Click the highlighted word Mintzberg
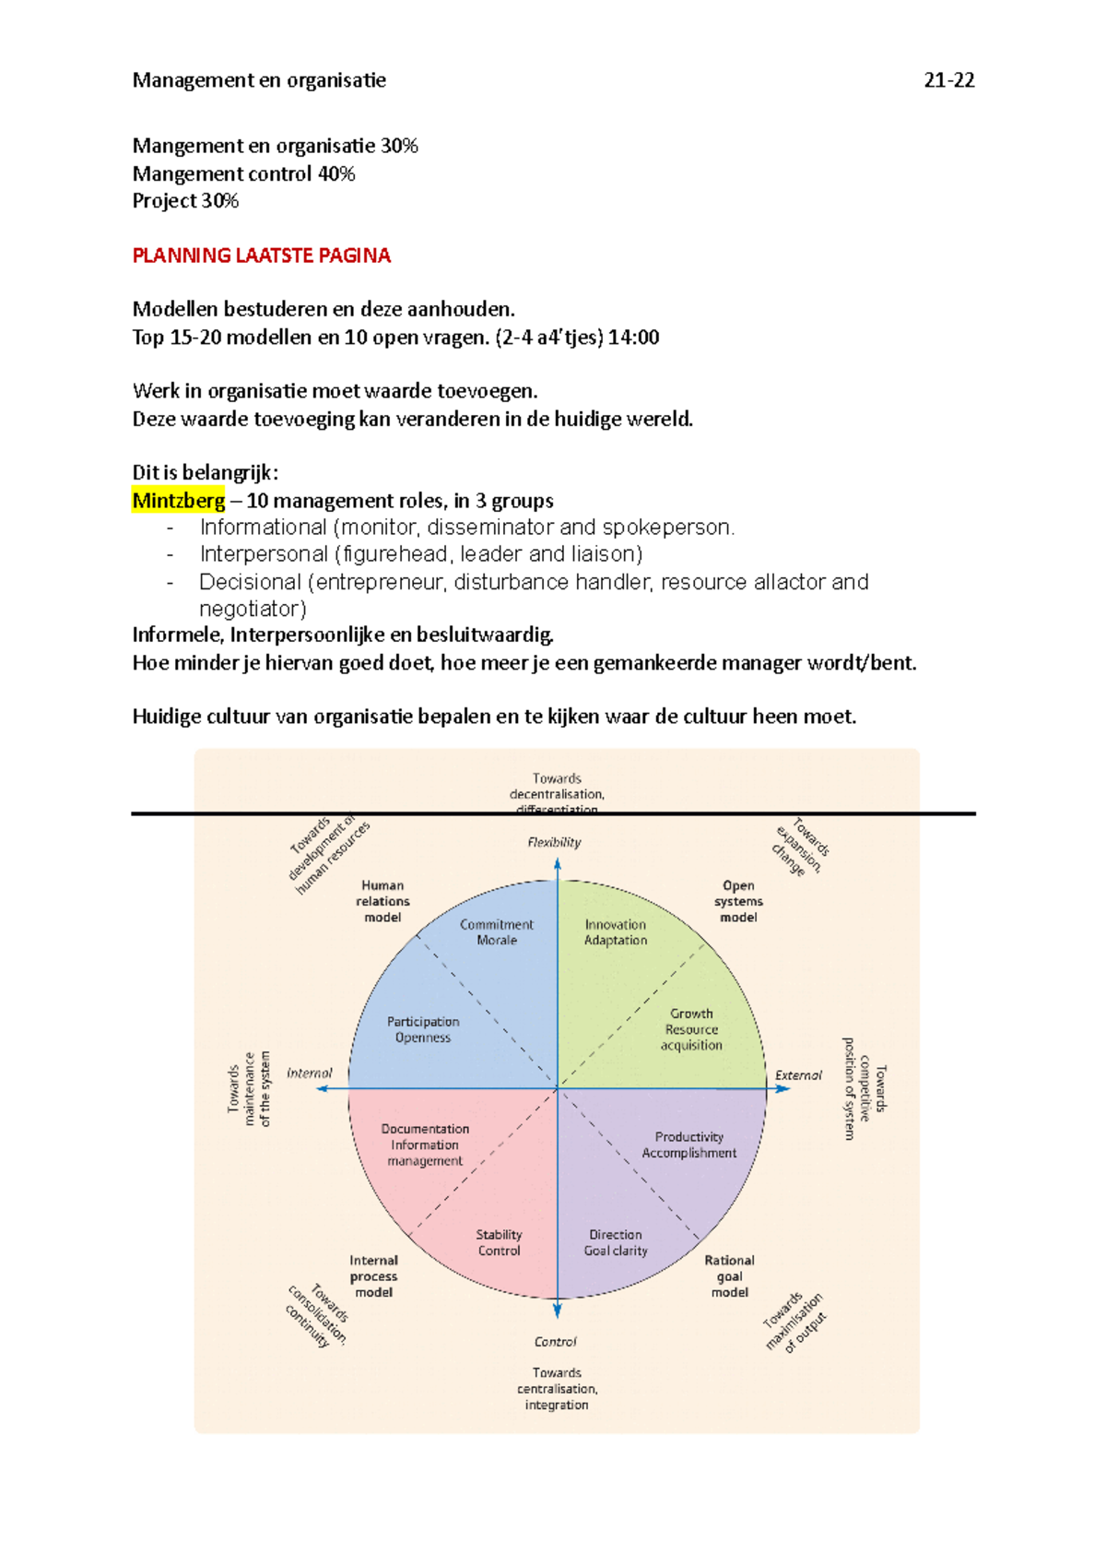pyautogui.click(x=179, y=500)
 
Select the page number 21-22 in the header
pyautogui.click(x=948, y=80)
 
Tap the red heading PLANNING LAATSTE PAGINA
pyautogui.click(x=262, y=255)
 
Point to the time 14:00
pyautogui.click(x=633, y=337)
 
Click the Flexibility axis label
pyautogui.click(x=554, y=842)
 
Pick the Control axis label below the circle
pyautogui.click(x=555, y=1342)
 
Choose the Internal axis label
pyautogui.click(x=309, y=1073)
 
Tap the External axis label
pyautogui.click(x=798, y=1074)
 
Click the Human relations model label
pyautogui.click(x=382, y=901)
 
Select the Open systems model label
pyautogui.click(x=738, y=901)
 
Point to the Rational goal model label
pyautogui.click(x=729, y=1276)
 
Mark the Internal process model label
pyautogui.click(x=373, y=1276)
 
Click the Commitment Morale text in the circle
pyautogui.click(x=497, y=932)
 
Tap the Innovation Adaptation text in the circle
pyautogui.click(x=616, y=932)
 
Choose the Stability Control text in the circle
pyautogui.click(x=499, y=1242)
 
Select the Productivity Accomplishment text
pyautogui.click(x=689, y=1145)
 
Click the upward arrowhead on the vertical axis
pyautogui.click(x=558, y=864)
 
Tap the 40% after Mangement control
pyautogui.click(x=336, y=173)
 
